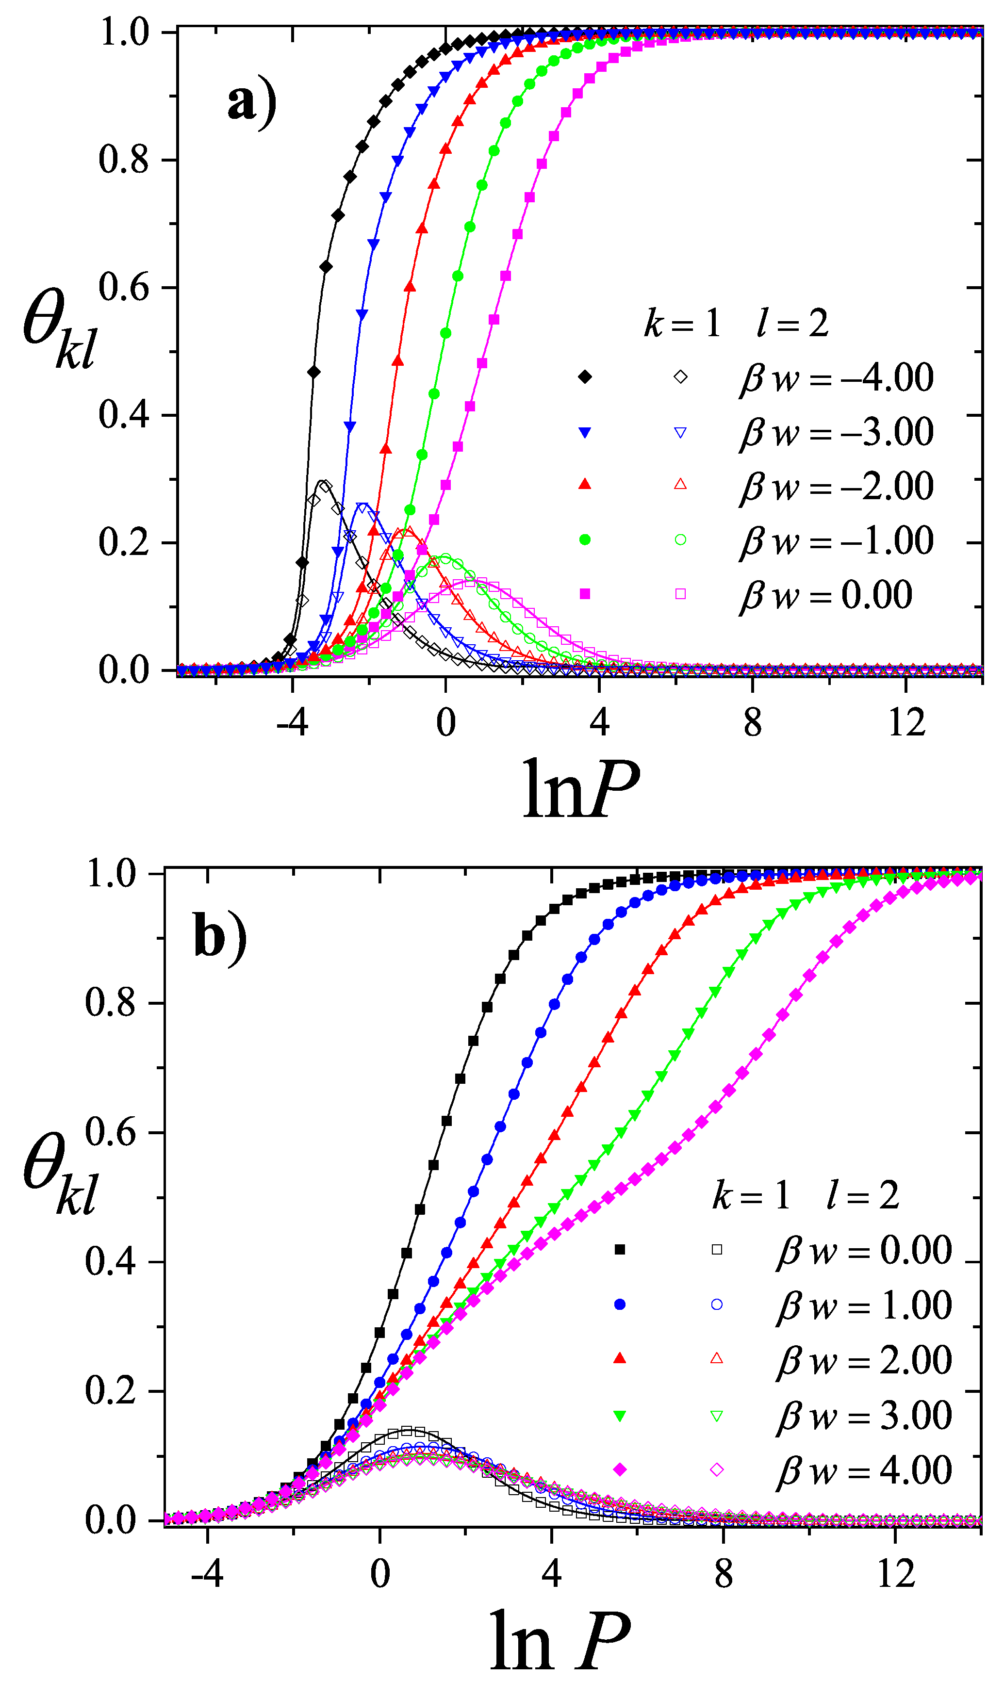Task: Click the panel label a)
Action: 252,103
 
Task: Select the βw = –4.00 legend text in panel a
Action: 836,377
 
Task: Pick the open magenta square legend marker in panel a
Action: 681,594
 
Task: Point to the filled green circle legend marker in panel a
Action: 585,539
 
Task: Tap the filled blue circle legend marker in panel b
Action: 620,1305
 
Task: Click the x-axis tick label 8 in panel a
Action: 752,723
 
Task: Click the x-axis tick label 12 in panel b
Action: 895,1574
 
